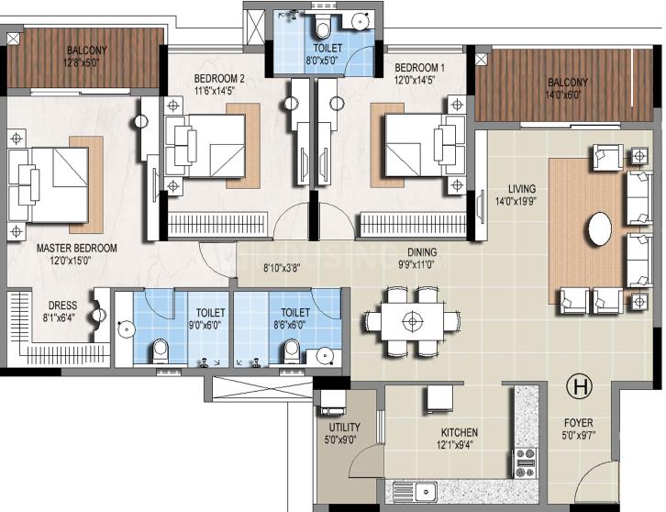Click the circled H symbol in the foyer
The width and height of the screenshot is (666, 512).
(x=580, y=387)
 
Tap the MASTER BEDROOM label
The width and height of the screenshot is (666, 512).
(x=76, y=248)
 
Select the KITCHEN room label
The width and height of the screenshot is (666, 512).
(x=460, y=432)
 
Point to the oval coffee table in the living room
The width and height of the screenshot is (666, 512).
(x=600, y=228)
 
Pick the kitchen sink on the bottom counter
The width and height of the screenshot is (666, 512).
(x=415, y=492)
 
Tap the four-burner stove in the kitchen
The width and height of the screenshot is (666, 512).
(x=526, y=463)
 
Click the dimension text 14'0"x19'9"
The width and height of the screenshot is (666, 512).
(x=516, y=201)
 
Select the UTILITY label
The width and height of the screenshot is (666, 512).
(x=345, y=428)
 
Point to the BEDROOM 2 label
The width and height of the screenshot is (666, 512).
(x=219, y=79)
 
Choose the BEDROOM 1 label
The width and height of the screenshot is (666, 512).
(x=419, y=68)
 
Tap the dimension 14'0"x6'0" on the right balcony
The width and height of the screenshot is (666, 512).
(x=562, y=94)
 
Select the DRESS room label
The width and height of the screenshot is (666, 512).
(x=62, y=306)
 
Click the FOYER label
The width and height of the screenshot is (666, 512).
(x=579, y=423)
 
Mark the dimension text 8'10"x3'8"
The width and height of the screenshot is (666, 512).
(x=282, y=268)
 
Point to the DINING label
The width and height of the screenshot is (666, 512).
(x=422, y=252)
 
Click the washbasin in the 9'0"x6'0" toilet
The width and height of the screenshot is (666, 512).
(x=127, y=330)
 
